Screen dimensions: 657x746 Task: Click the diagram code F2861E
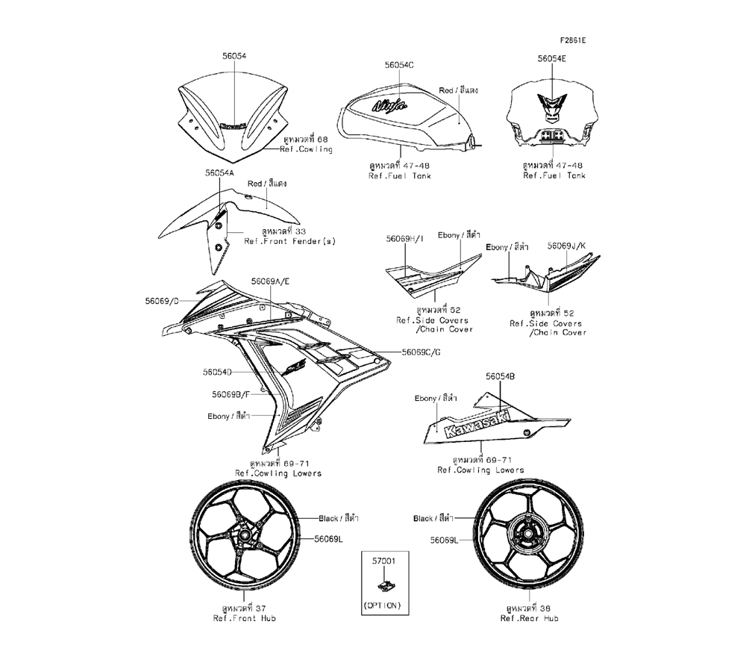click(x=574, y=39)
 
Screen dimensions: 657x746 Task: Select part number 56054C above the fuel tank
click(x=399, y=65)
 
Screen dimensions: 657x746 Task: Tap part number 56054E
click(x=553, y=57)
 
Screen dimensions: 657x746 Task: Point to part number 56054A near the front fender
click(x=199, y=172)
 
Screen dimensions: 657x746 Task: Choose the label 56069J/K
click(x=566, y=245)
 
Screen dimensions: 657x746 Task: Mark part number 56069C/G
click(x=421, y=352)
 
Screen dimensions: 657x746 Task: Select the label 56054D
click(x=217, y=371)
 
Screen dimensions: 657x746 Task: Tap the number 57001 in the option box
click(x=381, y=558)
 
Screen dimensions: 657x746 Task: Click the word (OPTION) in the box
click(x=381, y=605)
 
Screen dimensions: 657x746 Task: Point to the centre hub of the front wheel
click(x=245, y=536)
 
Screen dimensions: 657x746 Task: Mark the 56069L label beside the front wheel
click(x=328, y=538)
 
